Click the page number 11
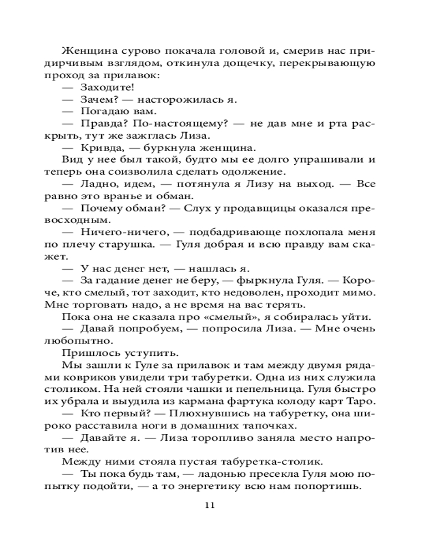tap(209, 505)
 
